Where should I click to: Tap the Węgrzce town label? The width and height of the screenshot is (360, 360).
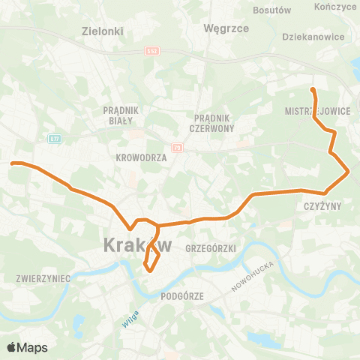[220, 28]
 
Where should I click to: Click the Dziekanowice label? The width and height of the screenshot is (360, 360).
[313, 36]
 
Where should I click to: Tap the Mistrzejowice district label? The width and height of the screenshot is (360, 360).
[318, 110]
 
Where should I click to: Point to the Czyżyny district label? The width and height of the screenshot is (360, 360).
[323, 205]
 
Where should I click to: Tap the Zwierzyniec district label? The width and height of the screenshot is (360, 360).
[43, 278]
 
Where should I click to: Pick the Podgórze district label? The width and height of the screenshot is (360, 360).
[182, 296]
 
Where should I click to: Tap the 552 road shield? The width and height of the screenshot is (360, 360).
[153, 52]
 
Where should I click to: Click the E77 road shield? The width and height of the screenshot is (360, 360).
[53, 138]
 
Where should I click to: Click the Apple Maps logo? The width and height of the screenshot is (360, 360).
[27, 347]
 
